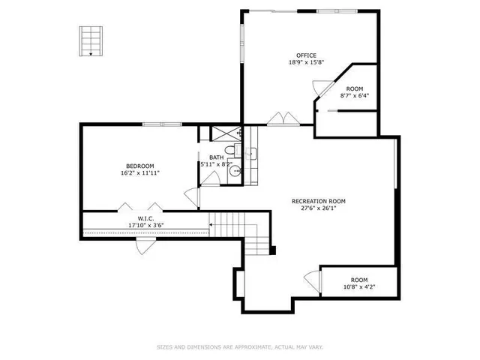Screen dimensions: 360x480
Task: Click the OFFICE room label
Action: point(305,55)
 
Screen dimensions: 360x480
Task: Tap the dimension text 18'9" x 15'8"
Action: point(305,63)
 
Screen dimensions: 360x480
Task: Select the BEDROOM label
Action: point(139,166)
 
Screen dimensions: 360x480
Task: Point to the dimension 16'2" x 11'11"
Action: point(139,173)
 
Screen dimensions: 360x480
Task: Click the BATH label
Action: point(216,157)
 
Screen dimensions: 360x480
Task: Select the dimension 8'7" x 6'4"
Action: point(354,96)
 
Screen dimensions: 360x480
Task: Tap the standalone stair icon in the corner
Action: point(90,40)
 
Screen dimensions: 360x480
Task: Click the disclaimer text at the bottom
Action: point(240,347)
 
